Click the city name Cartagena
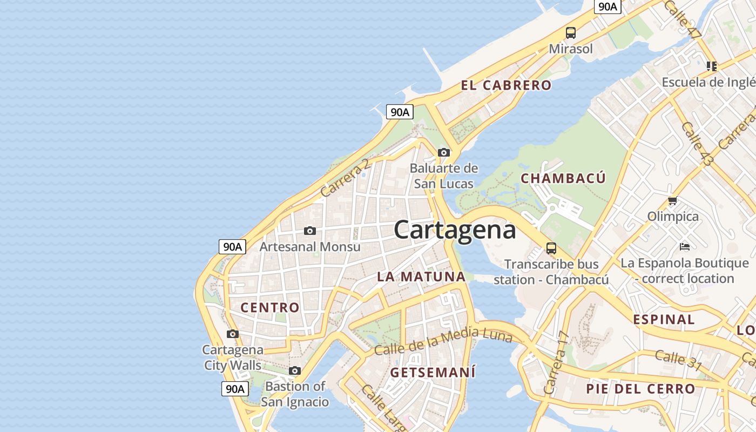455,230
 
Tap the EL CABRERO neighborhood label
506,85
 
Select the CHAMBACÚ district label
563,178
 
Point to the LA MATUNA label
421,277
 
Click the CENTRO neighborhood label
270,308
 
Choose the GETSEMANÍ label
433,372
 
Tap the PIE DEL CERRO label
641,389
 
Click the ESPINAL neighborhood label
664,319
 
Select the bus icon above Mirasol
571,32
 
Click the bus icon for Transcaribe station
551,248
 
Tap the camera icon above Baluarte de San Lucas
444,152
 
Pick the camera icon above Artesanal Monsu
310,231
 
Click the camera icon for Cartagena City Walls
233,334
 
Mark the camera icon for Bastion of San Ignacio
295,370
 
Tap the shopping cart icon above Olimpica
673,201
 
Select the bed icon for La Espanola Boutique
685,247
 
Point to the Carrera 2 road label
346,177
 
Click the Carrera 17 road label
557,362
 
